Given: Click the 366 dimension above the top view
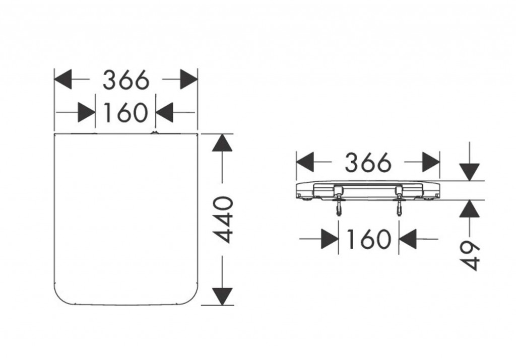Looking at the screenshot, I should pyautogui.click(x=126, y=80).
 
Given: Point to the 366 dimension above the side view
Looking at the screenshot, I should pyautogui.click(x=368, y=163).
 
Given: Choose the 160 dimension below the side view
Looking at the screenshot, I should pyautogui.click(x=368, y=239).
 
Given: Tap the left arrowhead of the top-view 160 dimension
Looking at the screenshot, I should pyautogui.click(x=86, y=112).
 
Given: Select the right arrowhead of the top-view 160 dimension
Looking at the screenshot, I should pyautogui.click(x=164, y=112).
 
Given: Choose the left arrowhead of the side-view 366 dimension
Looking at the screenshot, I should pyautogui.click(x=305, y=163).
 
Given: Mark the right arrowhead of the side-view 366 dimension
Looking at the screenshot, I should pyautogui.click(x=431, y=163).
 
